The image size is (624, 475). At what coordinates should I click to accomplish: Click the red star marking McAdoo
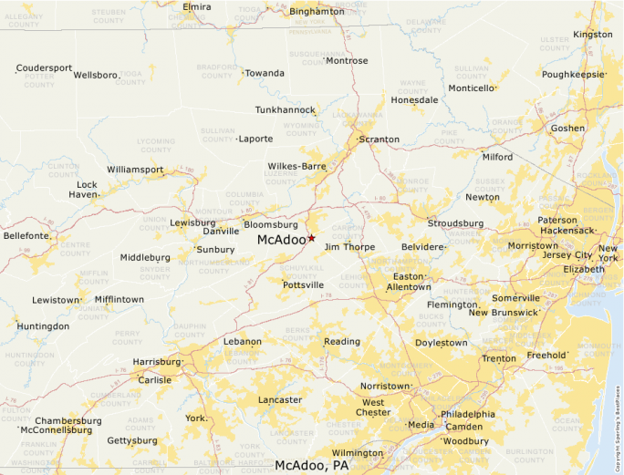[x=311, y=238]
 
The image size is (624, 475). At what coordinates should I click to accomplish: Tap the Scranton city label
[x=379, y=139]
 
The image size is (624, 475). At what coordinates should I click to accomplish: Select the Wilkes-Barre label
[x=296, y=167]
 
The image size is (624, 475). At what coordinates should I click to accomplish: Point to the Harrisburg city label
[x=157, y=362]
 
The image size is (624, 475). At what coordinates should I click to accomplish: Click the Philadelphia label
[x=468, y=414]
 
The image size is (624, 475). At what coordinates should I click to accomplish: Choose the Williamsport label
[x=135, y=170]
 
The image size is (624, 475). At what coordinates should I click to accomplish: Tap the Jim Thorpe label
[x=349, y=247]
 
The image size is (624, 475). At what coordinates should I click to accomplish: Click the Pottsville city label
[x=303, y=285]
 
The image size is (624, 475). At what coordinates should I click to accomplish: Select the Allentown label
[x=409, y=286]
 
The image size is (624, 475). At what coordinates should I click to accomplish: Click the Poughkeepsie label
[x=573, y=74]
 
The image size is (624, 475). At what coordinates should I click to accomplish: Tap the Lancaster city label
[x=280, y=400]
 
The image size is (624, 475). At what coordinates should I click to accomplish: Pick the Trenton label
[x=499, y=358]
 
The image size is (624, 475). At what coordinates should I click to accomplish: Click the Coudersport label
[x=44, y=67]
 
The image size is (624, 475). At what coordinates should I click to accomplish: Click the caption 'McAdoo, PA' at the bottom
[x=312, y=465]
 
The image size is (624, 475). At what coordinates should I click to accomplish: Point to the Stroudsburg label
[x=456, y=223]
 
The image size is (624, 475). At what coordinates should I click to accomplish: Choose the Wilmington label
[x=358, y=453]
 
